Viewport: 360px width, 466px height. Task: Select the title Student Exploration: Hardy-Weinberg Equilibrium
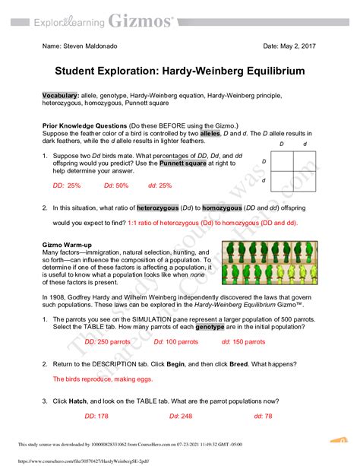coord(179,70)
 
